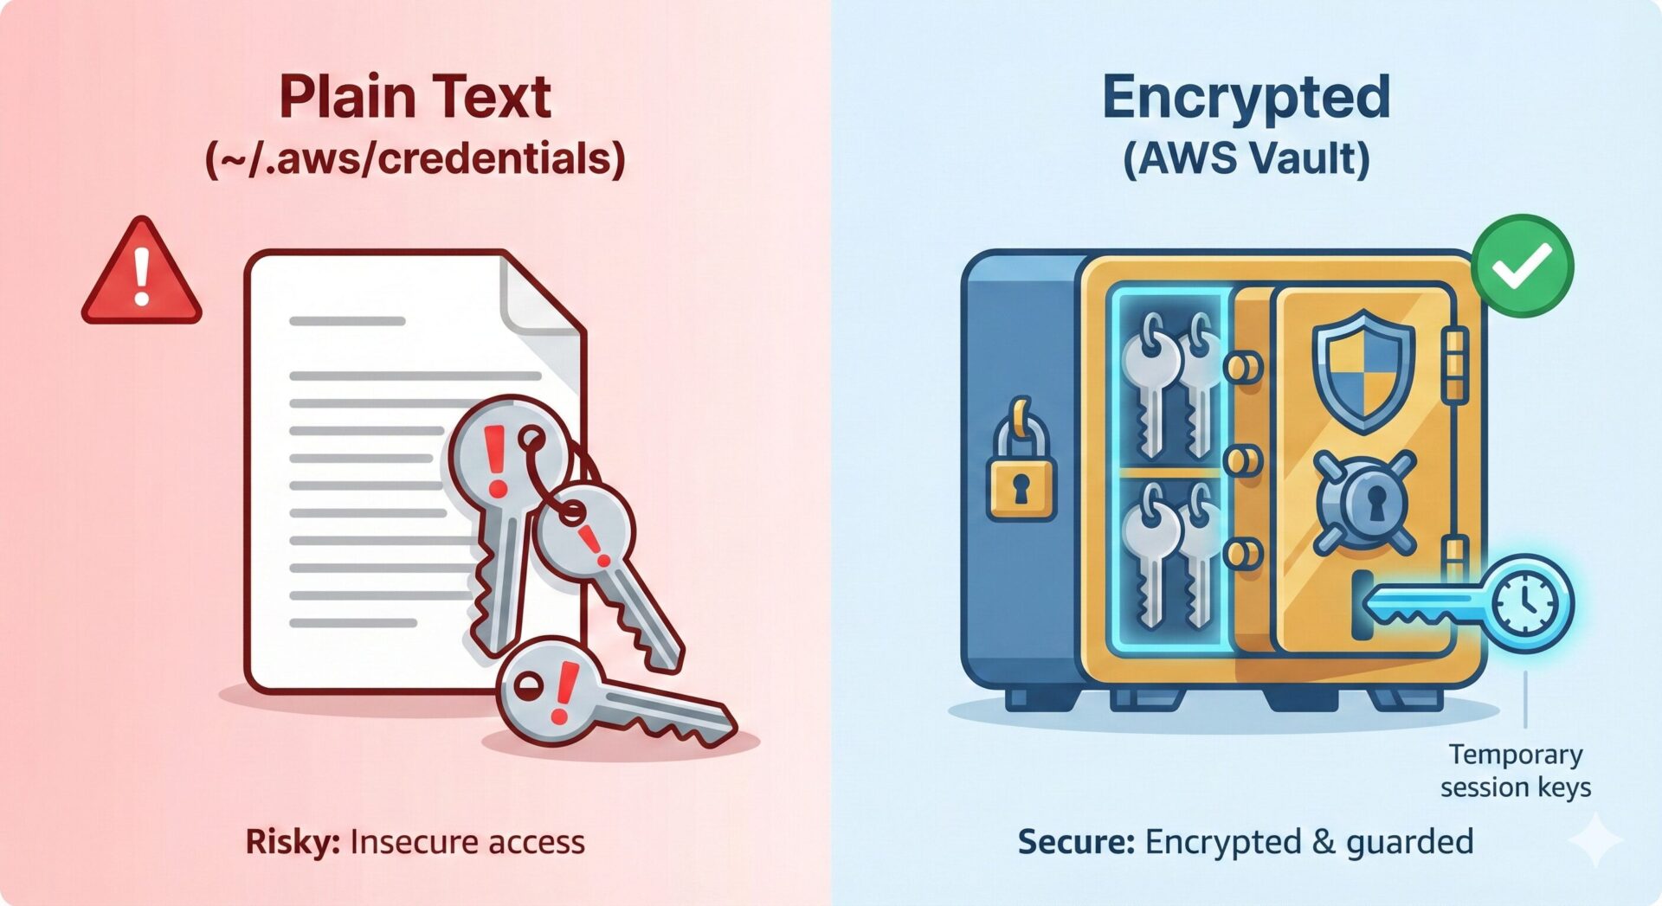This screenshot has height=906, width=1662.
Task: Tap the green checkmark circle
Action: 1523,266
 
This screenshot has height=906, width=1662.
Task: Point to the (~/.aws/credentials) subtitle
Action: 415,158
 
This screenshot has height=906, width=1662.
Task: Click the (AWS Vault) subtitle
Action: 1246,158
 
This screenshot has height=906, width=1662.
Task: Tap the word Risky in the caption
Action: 292,841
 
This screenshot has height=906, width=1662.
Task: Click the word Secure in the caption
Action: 1075,841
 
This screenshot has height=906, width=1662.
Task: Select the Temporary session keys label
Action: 1516,771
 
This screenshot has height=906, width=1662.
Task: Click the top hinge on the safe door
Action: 1456,364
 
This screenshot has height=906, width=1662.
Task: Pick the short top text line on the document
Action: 347,321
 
